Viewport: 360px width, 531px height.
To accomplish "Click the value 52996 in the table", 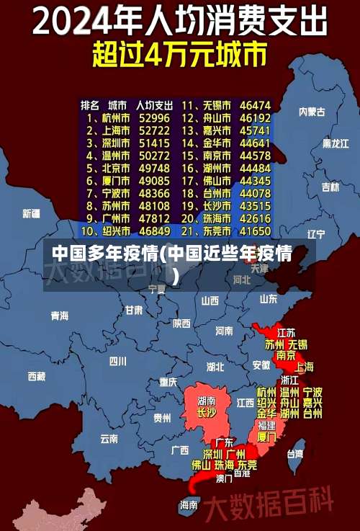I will (x=154, y=117).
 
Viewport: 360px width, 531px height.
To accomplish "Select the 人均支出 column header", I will (x=154, y=104).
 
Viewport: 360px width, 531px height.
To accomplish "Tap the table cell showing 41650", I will (x=255, y=231).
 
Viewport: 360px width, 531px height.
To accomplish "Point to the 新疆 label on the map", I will (x=31, y=213).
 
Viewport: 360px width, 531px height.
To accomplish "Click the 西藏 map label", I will (x=36, y=375).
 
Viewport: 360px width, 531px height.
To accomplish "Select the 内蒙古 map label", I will (x=312, y=112).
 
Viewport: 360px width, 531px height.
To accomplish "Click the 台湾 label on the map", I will (x=295, y=454).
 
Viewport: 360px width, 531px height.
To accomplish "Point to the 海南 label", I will (x=189, y=505).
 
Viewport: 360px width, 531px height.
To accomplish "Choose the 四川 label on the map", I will (x=118, y=361).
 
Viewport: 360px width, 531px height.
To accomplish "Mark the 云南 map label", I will (x=109, y=437).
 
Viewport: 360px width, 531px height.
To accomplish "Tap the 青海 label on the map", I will (x=59, y=316).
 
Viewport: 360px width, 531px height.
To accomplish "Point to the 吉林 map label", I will (x=330, y=187).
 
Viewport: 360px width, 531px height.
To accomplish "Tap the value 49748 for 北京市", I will (x=154, y=168).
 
